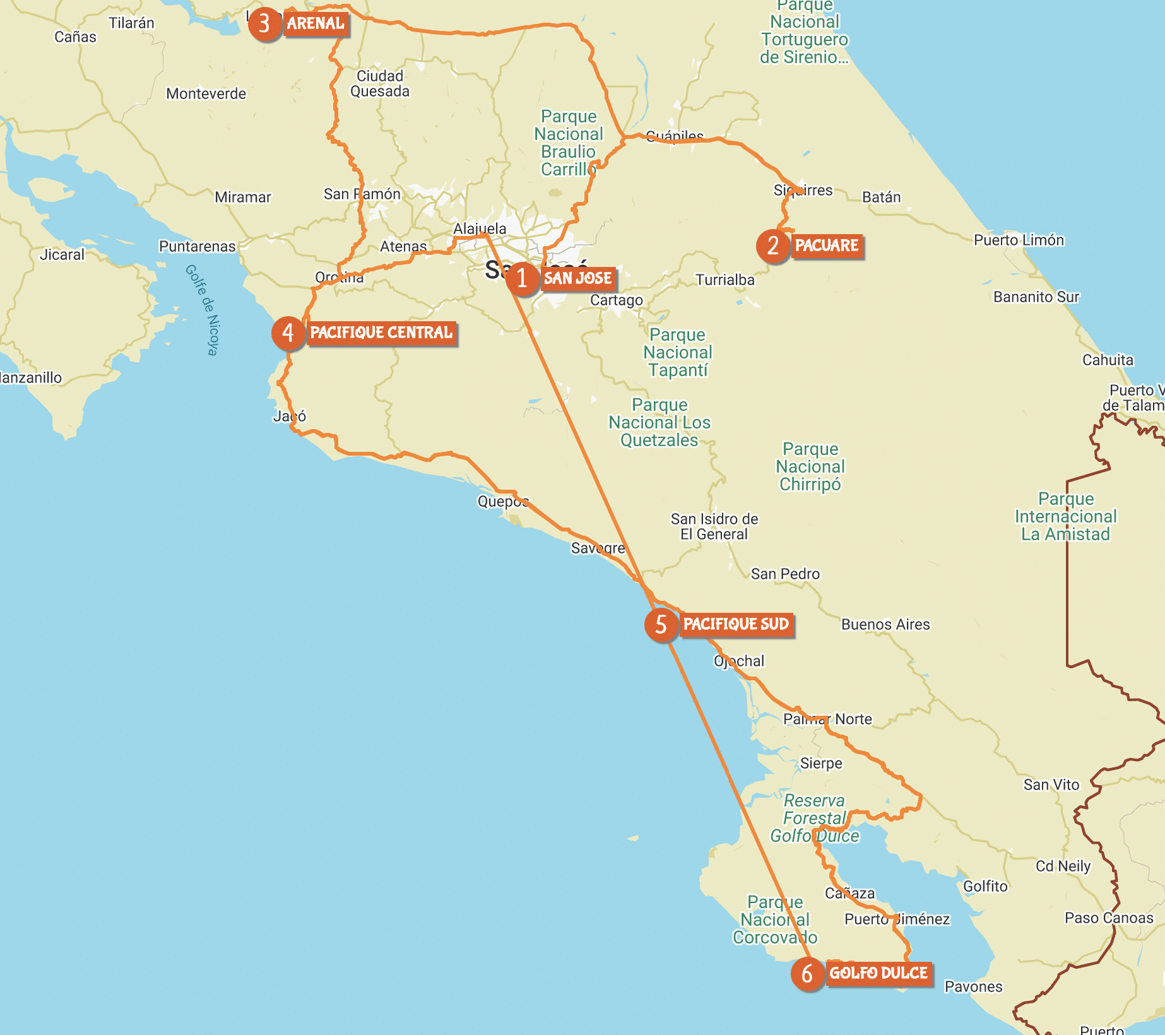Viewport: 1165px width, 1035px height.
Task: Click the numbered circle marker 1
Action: [x=522, y=278]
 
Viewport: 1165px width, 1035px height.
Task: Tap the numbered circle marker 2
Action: [x=773, y=245]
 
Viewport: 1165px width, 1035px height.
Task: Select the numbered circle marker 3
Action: [x=264, y=24]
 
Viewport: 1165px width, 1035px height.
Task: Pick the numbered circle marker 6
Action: [x=807, y=973]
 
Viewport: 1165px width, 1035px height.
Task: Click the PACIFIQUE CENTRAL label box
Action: [x=381, y=333]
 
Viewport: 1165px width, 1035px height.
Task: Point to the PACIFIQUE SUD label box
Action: [x=736, y=624]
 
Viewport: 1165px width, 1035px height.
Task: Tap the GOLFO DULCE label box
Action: [x=878, y=973]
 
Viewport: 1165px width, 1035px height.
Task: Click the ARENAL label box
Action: [x=316, y=24]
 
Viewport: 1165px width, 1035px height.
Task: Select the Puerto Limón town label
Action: [x=1019, y=240]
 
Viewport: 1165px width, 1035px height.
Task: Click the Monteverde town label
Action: [x=206, y=93]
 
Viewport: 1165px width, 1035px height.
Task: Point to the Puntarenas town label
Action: [x=197, y=246]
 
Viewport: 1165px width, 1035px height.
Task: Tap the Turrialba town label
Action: [x=724, y=280]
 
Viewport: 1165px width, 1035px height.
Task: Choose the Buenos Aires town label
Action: [x=885, y=624]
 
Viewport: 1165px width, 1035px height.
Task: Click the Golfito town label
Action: [x=985, y=886]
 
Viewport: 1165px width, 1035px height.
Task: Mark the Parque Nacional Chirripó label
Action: [x=810, y=466]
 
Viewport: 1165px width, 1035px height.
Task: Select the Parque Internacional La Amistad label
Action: [x=1065, y=516]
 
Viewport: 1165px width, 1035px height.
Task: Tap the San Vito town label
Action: [x=1051, y=784]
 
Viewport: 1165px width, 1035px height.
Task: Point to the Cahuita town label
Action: [x=1108, y=360]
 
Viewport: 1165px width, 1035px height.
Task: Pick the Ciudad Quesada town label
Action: [x=380, y=83]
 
